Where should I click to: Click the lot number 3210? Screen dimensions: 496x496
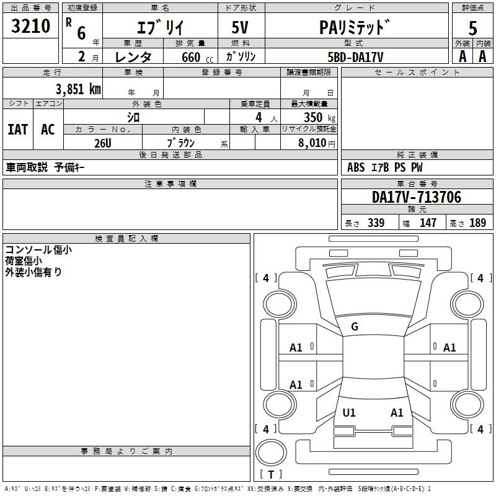pos(31,26)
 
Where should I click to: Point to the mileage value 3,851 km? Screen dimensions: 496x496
pos(77,89)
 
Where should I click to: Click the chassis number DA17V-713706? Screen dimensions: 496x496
pos(417,197)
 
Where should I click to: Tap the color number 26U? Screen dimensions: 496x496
pos(102,143)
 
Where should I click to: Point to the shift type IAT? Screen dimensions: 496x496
pos(17,130)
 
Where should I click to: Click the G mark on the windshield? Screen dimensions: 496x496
pos(355,327)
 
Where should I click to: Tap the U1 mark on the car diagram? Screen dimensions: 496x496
pos(349,412)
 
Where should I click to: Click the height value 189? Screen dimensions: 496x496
pos(478,223)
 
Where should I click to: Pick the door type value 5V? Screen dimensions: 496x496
pos(241,27)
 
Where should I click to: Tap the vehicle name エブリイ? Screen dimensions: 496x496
pos(159,27)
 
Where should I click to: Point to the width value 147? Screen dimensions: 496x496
pos(428,223)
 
